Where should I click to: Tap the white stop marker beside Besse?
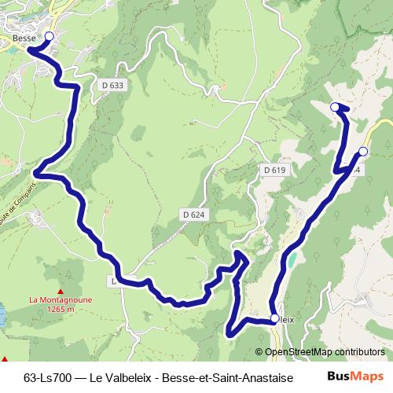tap(49, 37)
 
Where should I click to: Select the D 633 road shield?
tap(112, 84)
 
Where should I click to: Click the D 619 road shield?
tap(274, 170)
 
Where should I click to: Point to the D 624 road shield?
tap(193, 214)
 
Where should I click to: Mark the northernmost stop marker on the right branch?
tap(335, 106)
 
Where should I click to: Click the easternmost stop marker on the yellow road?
tap(363, 151)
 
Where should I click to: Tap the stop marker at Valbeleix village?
tap(274, 318)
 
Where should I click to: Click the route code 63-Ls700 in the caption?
tap(49, 376)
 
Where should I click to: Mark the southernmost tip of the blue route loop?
tap(230, 335)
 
